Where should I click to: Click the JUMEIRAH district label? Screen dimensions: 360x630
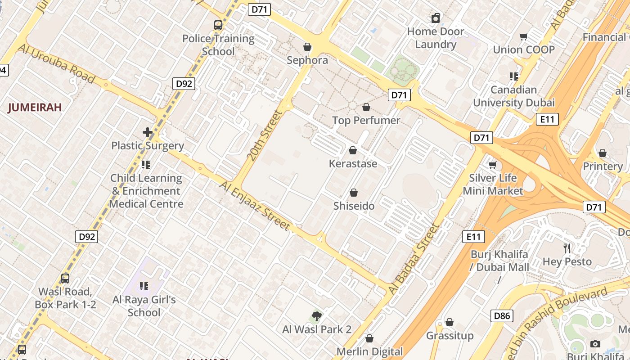35,108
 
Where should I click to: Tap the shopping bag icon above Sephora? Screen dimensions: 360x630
307,47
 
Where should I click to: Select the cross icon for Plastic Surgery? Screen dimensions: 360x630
148,132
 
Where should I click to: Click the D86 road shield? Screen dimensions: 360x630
502,316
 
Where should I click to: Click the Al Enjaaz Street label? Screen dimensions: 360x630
255,206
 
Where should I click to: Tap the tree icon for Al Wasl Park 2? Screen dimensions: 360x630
317,316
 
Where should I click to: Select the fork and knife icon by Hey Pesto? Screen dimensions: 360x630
567,248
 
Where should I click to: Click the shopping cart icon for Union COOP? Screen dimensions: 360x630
523,36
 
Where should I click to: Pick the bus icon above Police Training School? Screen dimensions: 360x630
218,25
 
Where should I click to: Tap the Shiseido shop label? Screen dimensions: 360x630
354,206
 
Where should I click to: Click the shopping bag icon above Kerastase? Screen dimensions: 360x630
353,150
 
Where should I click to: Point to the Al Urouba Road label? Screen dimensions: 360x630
56,63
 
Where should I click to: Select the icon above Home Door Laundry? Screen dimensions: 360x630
435,18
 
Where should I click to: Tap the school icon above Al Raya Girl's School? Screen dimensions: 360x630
144,286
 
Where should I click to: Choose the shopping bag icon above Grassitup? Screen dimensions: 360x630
449,322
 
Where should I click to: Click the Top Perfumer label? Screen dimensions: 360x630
366,120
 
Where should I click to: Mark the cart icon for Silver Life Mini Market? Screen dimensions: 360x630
493,165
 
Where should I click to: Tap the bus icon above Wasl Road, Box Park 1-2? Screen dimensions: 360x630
65,278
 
